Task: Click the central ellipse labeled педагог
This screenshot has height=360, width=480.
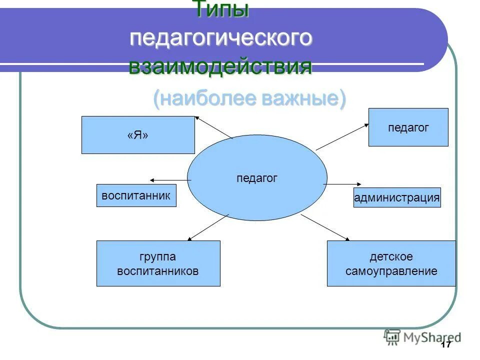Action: tap(257, 178)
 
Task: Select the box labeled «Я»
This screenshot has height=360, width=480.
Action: tap(138, 135)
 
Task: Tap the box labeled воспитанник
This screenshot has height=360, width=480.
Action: tap(136, 195)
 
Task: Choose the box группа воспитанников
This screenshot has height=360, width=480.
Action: tap(158, 263)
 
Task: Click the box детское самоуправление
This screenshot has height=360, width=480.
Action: tap(391, 263)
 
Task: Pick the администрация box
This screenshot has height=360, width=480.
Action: tap(397, 198)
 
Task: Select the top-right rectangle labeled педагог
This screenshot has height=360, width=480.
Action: tap(408, 127)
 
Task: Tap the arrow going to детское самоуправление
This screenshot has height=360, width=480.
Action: tap(325, 227)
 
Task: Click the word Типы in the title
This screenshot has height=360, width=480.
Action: tap(220, 9)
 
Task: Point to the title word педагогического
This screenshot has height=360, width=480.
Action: tap(221, 39)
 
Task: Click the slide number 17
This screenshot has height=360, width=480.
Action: tap(446, 345)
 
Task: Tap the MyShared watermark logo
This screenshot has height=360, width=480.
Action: tap(422, 337)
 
